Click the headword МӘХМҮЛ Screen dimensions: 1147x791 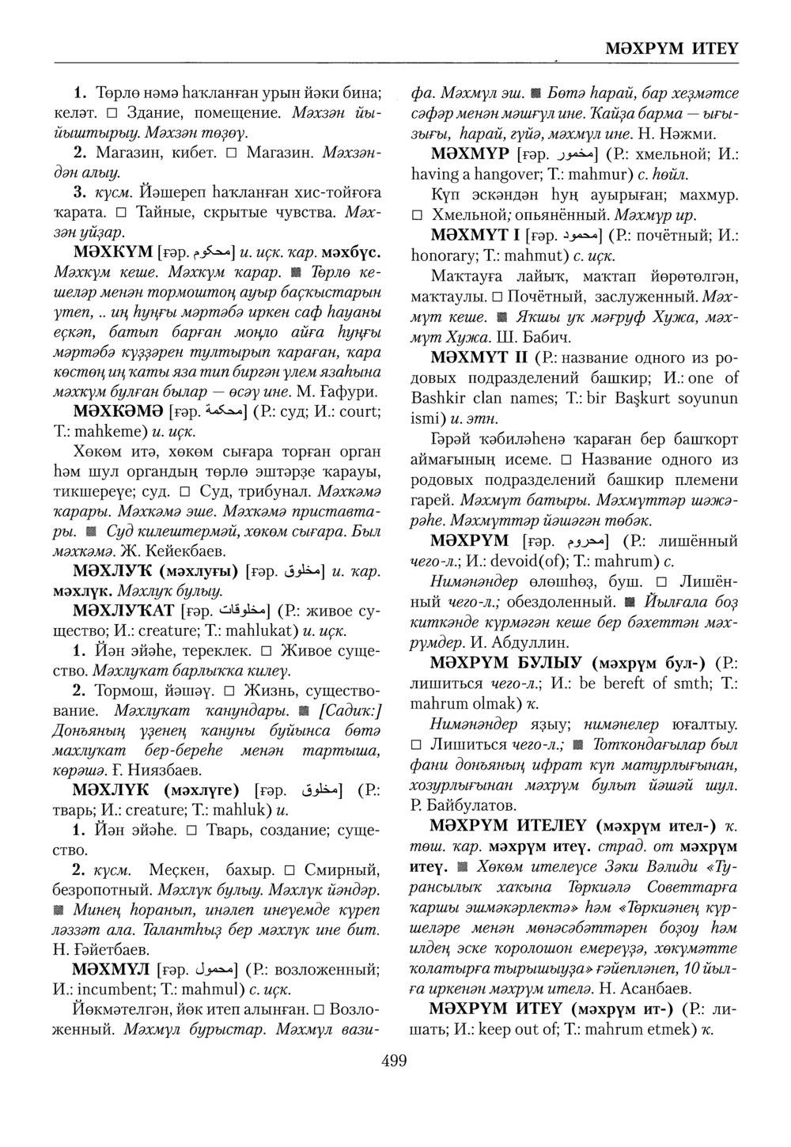(x=111, y=970)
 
